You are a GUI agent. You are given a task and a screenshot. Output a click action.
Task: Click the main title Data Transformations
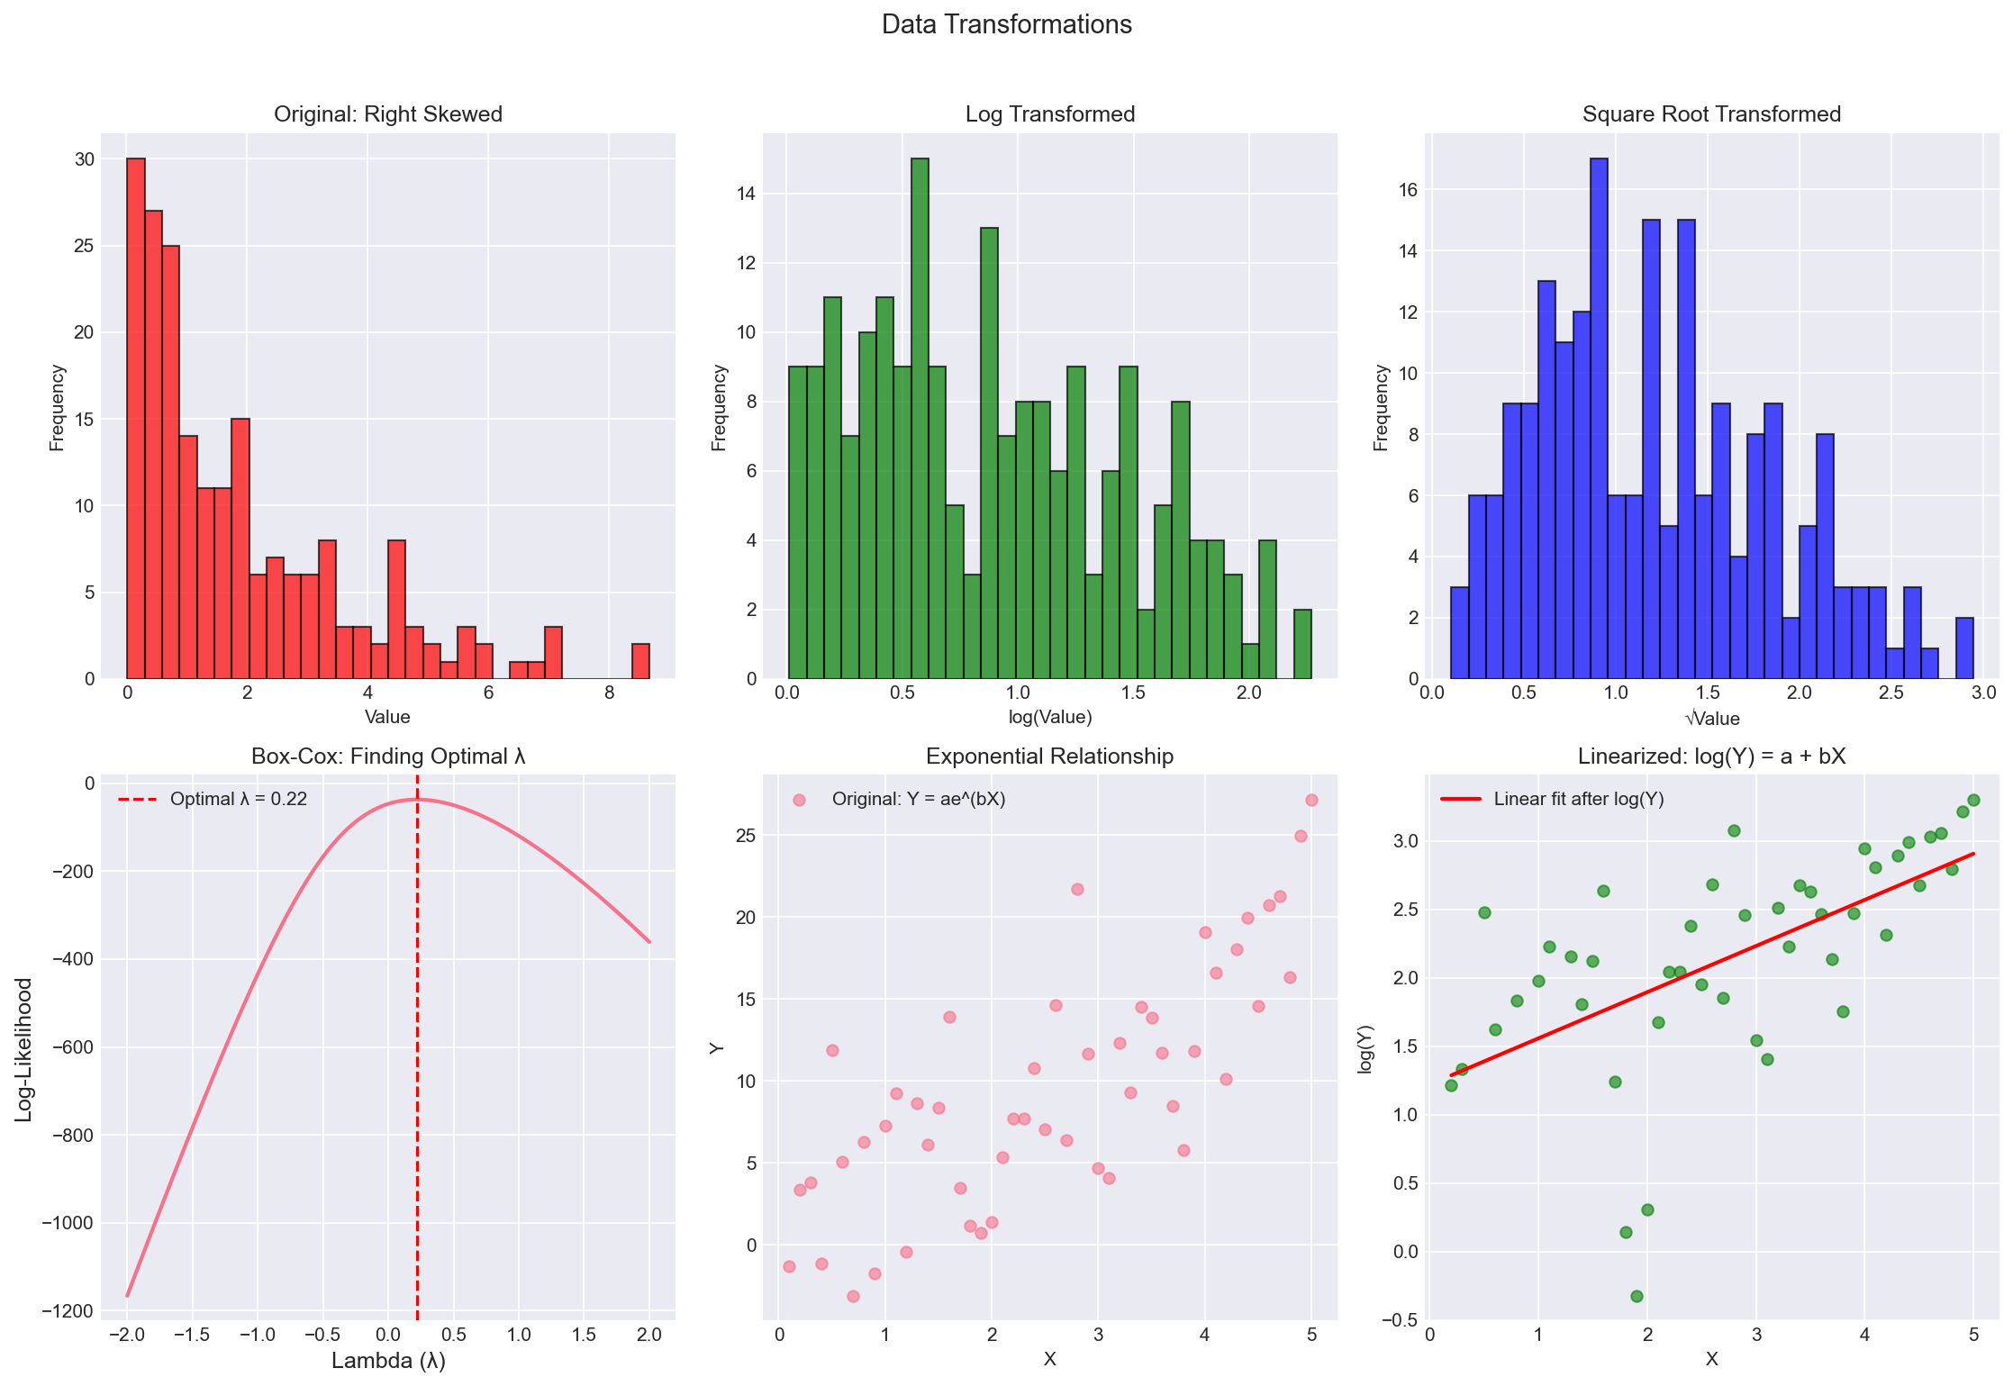click(1006, 24)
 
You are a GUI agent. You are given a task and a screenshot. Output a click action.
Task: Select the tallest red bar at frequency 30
click(136, 419)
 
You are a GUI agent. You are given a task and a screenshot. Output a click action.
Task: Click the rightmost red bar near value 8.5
click(640, 661)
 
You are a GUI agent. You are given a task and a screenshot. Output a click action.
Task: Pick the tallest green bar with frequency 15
click(920, 419)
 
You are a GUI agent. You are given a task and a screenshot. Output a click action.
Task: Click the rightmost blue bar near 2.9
click(1964, 648)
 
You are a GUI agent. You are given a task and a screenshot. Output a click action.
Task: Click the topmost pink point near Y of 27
click(1311, 800)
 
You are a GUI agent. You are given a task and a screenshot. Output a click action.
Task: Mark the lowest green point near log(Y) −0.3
click(1637, 1296)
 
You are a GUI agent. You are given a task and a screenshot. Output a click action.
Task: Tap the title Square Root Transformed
click(1711, 114)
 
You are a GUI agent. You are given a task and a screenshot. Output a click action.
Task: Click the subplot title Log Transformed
click(1049, 114)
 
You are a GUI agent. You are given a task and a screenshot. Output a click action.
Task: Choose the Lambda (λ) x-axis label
click(388, 1360)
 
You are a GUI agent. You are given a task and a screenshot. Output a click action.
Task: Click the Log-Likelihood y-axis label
click(24, 1049)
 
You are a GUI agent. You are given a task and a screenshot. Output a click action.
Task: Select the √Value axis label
click(1711, 718)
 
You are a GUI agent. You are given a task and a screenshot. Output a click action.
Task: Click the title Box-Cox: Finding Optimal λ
click(388, 756)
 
